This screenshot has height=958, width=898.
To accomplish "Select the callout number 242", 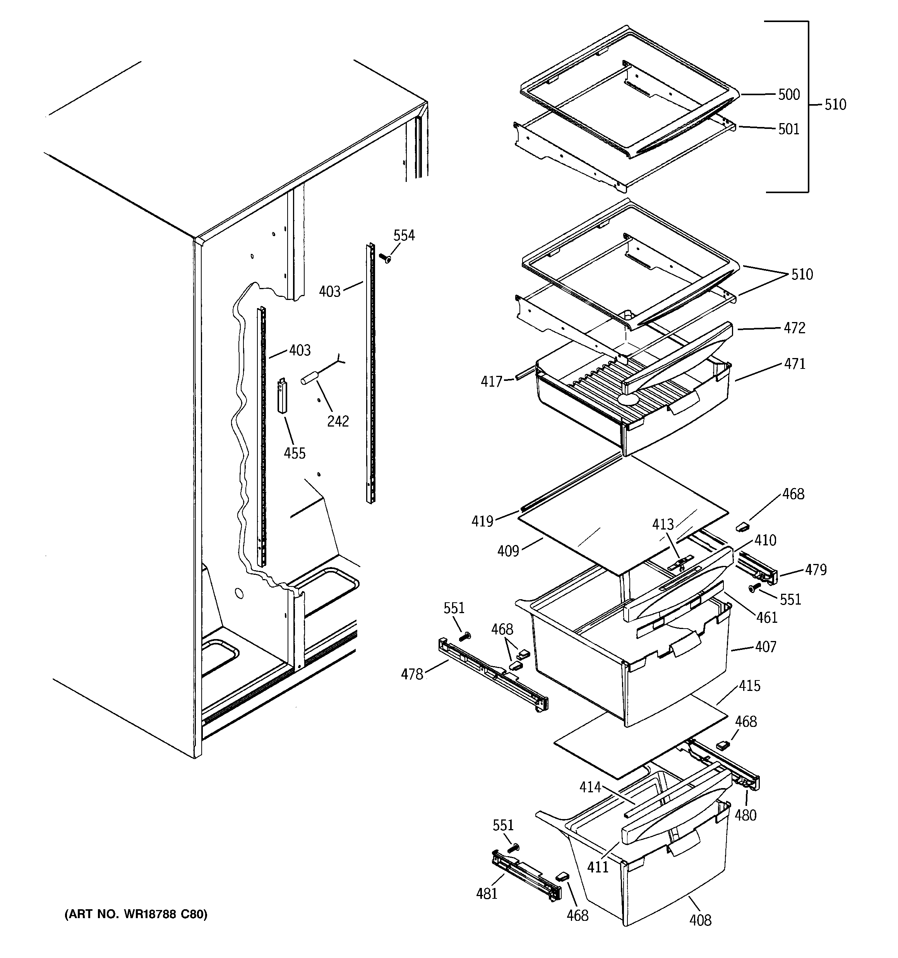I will tap(338, 421).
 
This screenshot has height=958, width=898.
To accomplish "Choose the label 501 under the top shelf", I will tap(788, 129).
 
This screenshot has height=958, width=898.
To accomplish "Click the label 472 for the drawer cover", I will tap(794, 328).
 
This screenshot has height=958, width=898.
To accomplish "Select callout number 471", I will tap(794, 364).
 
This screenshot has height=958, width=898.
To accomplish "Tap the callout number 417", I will tap(491, 382).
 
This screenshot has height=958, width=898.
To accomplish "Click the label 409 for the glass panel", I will tap(508, 551).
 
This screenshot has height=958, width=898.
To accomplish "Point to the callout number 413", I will tap(662, 524).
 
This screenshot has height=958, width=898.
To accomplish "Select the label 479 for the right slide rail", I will tap(815, 570).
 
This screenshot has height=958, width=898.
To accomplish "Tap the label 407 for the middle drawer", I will tap(766, 646).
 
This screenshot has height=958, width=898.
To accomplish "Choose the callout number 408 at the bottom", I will tap(700, 920).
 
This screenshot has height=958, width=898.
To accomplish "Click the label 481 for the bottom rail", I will tap(487, 894).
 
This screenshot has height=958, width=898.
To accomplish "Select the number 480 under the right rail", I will tap(745, 815).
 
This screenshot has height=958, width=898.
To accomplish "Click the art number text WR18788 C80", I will tap(136, 914).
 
